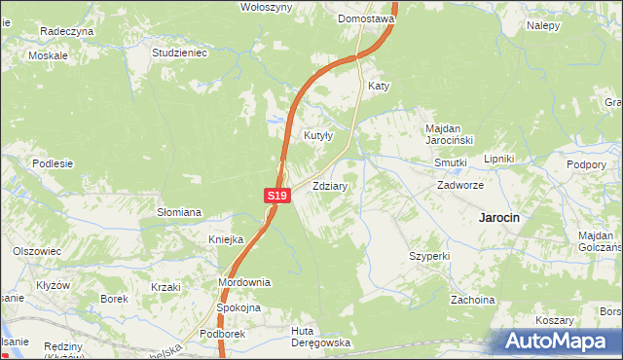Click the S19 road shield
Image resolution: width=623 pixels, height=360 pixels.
(x=277, y=196)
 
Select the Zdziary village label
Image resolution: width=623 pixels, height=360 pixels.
(x=331, y=185)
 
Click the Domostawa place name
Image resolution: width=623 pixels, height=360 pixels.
(x=365, y=18)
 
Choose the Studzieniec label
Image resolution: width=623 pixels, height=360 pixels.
(x=180, y=53)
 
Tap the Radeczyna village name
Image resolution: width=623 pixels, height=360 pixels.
(x=66, y=31)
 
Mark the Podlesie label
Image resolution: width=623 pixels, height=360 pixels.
(x=53, y=163)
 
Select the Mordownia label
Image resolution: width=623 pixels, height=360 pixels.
(x=244, y=282)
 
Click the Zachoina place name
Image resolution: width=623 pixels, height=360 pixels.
(x=472, y=300)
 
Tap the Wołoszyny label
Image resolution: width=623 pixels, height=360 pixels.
(x=267, y=6)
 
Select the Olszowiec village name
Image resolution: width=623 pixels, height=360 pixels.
(x=37, y=250)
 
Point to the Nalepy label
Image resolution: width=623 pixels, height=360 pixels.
(x=543, y=25)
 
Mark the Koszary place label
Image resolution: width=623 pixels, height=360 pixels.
(x=554, y=320)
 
